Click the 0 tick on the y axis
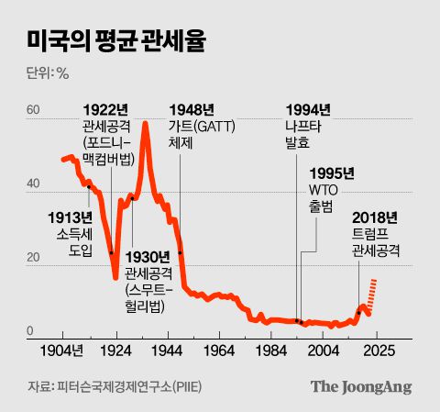(x=30, y=332)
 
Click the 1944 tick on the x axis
(x=168, y=351)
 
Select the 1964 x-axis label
(x=220, y=351)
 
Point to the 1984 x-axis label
(x=272, y=351)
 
